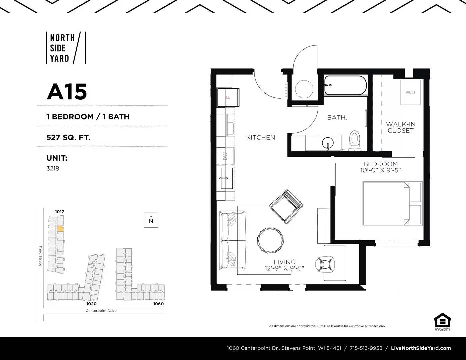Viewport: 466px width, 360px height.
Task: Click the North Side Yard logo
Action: (66, 48)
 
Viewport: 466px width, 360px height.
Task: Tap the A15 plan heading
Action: (67, 92)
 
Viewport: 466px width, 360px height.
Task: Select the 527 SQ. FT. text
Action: (68, 137)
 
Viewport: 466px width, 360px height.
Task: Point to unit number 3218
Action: (53, 168)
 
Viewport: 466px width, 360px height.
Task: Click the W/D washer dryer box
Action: (410, 92)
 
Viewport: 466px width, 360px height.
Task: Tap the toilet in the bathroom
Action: (354, 140)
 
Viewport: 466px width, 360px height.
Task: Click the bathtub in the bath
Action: (345, 86)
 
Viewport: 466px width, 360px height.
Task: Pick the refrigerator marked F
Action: (228, 97)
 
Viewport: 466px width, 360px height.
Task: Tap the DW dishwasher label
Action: (225, 156)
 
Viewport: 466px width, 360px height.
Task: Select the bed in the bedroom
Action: (392, 203)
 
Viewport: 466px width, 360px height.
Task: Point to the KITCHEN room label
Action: (260, 137)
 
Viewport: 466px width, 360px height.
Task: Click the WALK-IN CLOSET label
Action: (401, 127)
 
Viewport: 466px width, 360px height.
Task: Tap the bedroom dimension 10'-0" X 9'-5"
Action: (380, 170)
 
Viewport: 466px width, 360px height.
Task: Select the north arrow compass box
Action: (151, 220)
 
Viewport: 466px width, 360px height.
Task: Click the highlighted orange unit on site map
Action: (60, 229)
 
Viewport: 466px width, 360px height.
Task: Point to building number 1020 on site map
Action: (91, 304)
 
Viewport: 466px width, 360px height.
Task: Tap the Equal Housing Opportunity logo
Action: (442, 321)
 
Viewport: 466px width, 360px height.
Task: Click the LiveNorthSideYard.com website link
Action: (421, 348)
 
